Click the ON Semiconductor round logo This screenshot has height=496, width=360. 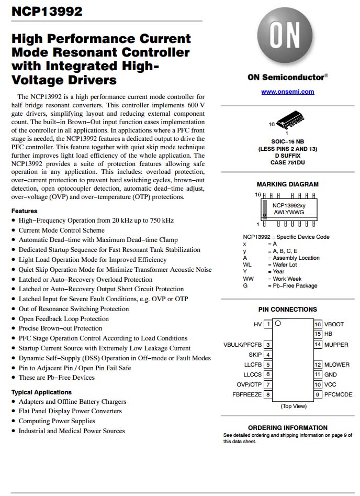pos(287,39)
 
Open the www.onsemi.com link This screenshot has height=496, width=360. pos(288,92)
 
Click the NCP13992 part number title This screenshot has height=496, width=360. pos(47,11)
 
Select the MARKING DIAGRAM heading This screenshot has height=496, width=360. pos(287,184)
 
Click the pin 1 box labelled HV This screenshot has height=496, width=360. pos(268,324)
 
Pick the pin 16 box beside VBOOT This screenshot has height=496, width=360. pos(318,324)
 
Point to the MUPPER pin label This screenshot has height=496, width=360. pos(336,345)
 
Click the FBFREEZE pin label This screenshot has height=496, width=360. pos(246,394)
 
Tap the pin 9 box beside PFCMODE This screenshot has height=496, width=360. pos(318,394)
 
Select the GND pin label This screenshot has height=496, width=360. pos(331,374)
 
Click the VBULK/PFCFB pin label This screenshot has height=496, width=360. pos(242,345)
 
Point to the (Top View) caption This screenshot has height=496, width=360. pos(294,406)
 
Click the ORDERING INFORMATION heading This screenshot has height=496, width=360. pos(288,427)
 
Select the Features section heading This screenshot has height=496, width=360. pos(24,211)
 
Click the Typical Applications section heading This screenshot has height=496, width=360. pos(41,392)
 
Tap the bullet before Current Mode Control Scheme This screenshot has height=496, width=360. pos(13,230)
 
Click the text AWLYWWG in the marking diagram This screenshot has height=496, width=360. pos(288,213)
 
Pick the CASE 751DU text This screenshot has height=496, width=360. pos(287,162)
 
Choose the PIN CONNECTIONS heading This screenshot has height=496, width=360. pos(287,310)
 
